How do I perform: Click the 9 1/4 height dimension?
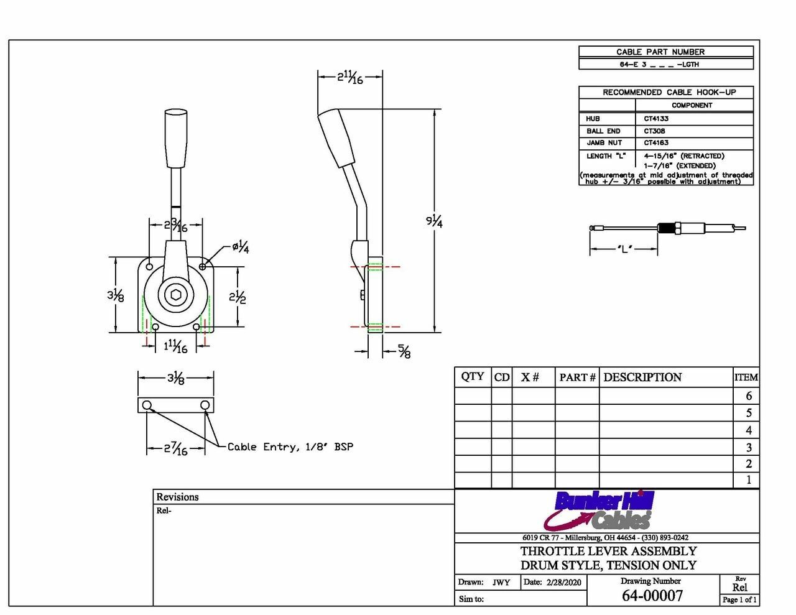point(434,221)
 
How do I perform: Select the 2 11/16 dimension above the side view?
point(350,77)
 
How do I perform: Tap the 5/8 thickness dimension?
point(404,352)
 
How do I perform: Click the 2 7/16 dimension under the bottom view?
point(176,448)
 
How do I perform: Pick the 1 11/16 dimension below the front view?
point(175,346)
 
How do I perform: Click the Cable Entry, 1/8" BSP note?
point(290,446)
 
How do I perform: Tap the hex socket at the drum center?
point(176,295)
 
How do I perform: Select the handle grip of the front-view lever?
point(175,138)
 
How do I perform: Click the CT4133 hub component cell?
point(656,119)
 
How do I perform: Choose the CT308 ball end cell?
point(654,131)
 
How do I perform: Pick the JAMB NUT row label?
point(604,143)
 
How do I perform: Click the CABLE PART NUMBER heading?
point(660,52)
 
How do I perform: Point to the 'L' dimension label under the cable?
point(624,249)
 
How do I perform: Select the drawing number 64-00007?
point(652,596)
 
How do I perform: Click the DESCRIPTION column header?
point(642,377)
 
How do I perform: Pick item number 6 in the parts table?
point(748,395)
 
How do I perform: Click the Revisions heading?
point(177,497)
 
